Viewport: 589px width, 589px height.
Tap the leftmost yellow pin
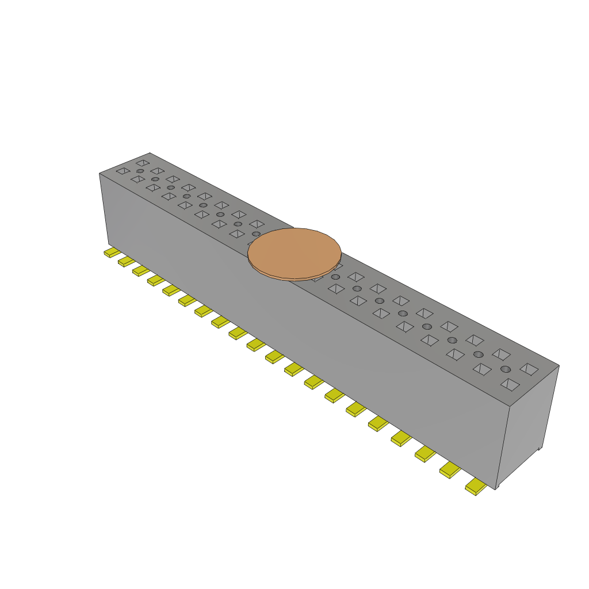[x=112, y=253]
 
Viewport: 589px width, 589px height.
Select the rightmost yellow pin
[x=476, y=487]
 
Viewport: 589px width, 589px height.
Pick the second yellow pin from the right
[x=450, y=469]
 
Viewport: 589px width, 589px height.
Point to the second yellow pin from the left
[x=127, y=262]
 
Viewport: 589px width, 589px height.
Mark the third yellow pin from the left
[x=141, y=270]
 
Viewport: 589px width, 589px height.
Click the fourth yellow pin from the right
[x=401, y=438]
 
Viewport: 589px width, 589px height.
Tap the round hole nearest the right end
[x=506, y=369]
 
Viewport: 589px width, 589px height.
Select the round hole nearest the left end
[x=140, y=171]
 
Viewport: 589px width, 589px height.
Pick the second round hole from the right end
[x=479, y=354]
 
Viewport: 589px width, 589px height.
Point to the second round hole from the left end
[x=155, y=179]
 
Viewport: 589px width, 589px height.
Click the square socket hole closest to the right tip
[x=529, y=368]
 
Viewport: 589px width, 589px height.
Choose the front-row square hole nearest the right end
[x=510, y=384]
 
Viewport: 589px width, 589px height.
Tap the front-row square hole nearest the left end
[x=123, y=171]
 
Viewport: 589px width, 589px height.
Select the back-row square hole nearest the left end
[x=142, y=163]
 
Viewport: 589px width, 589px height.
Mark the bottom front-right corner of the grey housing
[x=495, y=488]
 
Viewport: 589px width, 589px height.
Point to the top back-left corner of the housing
[x=150, y=153]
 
